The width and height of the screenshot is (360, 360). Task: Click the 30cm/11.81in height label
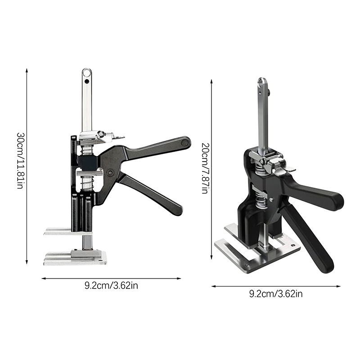tap(20, 161)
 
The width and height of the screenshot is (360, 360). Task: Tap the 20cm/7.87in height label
tap(205, 168)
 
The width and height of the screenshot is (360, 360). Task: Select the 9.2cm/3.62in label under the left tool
tap(111, 286)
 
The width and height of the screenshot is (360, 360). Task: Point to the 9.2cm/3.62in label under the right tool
tap(276, 294)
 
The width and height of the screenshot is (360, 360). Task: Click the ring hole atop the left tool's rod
tap(87, 73)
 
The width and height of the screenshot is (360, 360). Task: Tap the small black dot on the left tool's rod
tap(86, 81)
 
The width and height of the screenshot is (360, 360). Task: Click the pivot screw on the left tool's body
tap(111, 173)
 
